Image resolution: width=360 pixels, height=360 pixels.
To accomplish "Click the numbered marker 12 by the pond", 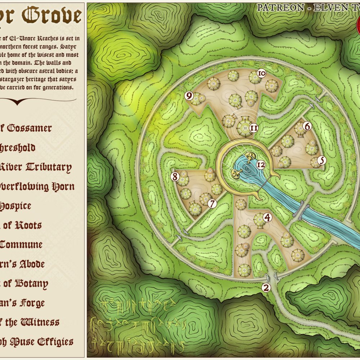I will point(262,165).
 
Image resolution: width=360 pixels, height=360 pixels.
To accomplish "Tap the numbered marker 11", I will point(254,127).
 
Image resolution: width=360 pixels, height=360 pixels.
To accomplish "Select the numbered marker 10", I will point(262,74).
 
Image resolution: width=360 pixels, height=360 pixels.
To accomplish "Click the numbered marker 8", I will point(175,177).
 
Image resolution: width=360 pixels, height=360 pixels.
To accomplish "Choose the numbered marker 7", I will point(212,203).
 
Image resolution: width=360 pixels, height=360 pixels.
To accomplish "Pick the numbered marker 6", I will point(307,126).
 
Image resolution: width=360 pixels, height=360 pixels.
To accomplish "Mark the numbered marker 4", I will point(267,217).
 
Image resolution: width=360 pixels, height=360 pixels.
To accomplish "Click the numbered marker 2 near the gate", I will point(266,287).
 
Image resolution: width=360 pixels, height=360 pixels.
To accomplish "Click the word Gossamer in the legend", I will point(29,128).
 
